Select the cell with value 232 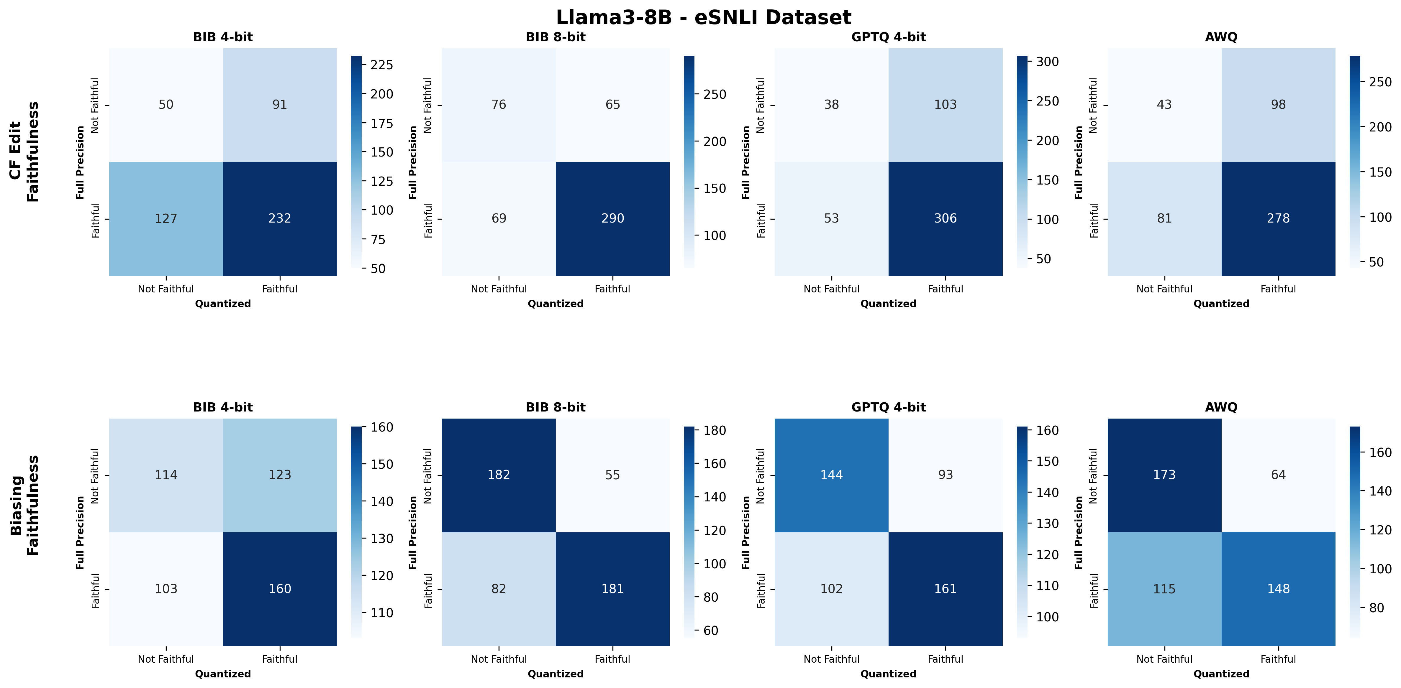click(280, 218)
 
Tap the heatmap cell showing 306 click(945, 218)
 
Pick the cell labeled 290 click(612, 218)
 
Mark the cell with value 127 click(166, 218)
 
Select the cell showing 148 click(1278, 589)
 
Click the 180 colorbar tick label click(714, 430)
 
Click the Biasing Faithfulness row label click(24, 506)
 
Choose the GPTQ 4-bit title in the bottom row click(888, 407)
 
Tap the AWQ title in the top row click(1221, 37)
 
